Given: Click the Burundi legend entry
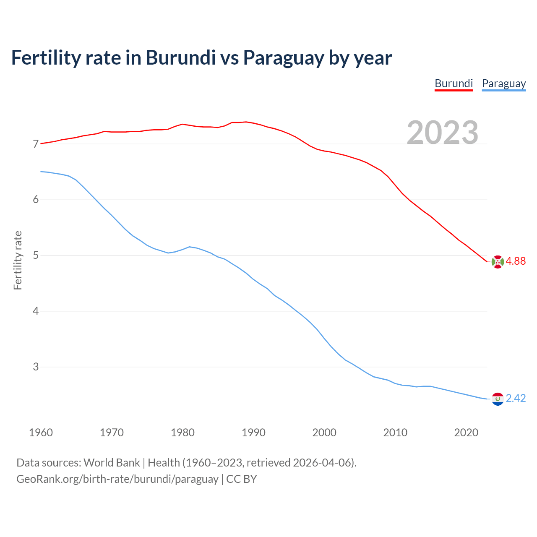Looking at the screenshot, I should tap(454, 83).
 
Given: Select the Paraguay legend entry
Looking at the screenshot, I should tap(503, 83).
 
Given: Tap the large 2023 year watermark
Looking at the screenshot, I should tap(443, 133).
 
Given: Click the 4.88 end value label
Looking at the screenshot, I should tap(516, 261).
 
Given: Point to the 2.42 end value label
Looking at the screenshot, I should tap(516, 398).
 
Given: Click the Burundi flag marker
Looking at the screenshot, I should tap(498, 261).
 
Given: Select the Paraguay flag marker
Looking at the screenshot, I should tap(498, 399).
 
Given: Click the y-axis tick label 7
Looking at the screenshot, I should tap(36, 144).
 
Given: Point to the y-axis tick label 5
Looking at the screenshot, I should tap(36, 255).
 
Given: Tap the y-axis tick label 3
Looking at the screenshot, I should tap(36, 367).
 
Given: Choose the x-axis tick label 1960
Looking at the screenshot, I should tap(41, 433).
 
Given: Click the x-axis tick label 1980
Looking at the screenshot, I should tap(182, 433).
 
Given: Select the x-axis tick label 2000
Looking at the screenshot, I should tap(324, 433).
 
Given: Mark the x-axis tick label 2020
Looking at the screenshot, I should tap(466, 433).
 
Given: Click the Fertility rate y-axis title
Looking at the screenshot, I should tap(18, 260).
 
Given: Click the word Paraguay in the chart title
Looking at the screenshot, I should tap(284, 58).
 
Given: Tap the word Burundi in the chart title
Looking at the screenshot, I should tap(180, 58).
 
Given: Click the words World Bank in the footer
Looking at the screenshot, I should tap(112, 463).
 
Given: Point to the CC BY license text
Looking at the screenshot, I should tap(242, 479).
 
